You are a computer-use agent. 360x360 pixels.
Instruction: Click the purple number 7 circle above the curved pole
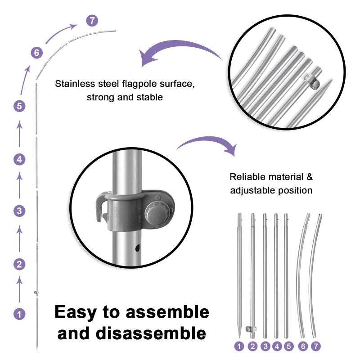coord(92,21)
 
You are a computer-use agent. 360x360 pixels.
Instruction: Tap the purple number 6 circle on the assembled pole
coord(37,53)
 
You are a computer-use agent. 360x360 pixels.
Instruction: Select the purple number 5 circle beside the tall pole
coord(19,107)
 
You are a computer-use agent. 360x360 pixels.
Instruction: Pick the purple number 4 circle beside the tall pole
coord(19,159)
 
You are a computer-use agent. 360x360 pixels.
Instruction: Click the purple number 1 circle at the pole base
coord(19,314)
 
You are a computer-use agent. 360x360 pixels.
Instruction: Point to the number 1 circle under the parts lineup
coord(239,346)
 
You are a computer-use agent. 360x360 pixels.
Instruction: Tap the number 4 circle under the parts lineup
coord(276,346)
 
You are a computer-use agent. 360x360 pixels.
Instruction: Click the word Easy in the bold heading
coord(74,312)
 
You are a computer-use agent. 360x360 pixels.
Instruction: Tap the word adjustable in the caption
coord(250,190)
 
